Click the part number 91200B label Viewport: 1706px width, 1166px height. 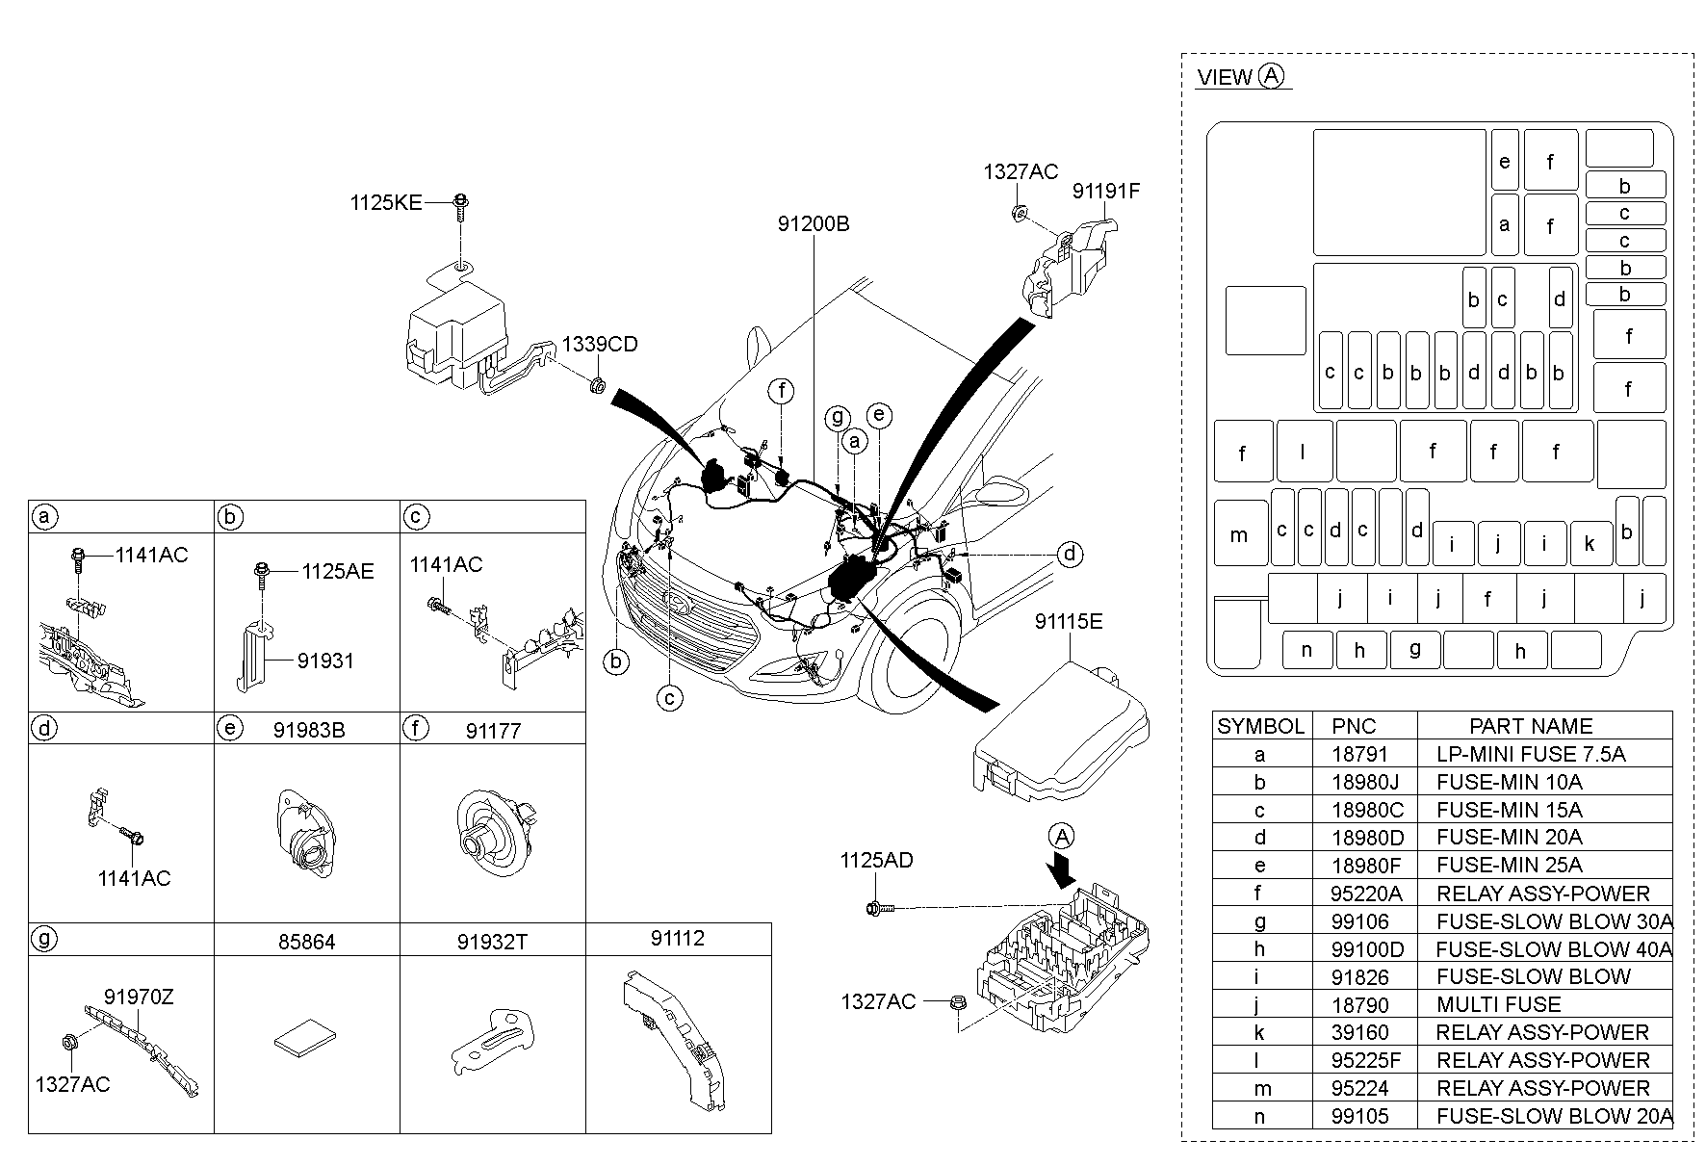tap(814, 224)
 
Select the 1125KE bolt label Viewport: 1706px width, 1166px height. tap(385, 203)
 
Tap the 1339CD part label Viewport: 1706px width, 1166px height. tap(600, 345)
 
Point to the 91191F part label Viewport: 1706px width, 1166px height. tap(1105, 192)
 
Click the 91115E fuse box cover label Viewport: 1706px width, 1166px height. tap(1068, 622)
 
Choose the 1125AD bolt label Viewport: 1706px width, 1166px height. tap(875, 860)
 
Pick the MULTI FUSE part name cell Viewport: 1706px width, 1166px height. tap(1498, 1004)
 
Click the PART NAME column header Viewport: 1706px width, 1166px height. tap(1530, 726)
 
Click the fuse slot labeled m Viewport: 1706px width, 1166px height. tap(1239, 534)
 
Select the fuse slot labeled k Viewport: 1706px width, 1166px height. tap(1589, 544)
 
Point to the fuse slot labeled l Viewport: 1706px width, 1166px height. tap(1303, 451)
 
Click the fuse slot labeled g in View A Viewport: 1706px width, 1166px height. tap(1414, 649)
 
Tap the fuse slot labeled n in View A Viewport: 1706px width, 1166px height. tap(1306, 650)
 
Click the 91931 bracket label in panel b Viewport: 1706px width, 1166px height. tap(325, 661)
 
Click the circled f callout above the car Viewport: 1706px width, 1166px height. tap(782, 391)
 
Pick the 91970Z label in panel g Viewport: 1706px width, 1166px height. tap(139, 998)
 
